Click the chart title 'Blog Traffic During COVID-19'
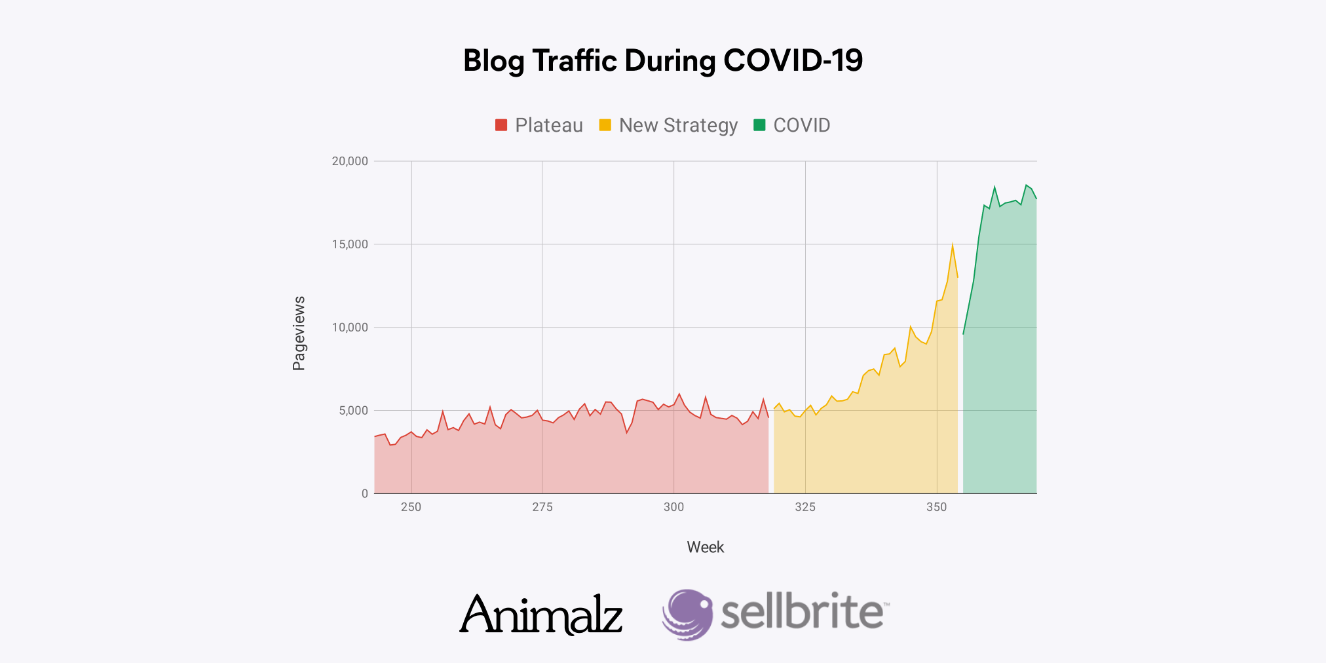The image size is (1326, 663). coord(662,61)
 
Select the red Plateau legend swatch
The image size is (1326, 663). coord(501,125)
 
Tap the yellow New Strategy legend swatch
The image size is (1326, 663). coord(605,125)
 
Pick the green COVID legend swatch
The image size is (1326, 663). coord(759,125)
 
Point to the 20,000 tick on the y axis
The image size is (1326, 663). coord(350,161)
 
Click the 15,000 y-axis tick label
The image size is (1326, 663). coord(350,244)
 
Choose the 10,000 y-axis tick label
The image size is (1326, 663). coord(350,328)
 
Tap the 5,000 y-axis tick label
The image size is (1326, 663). coord(353,411)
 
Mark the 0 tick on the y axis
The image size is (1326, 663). coord(365,494)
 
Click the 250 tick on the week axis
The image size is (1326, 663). coord(411,507)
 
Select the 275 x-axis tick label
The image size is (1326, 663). coord(542,507)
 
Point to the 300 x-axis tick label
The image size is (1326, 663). coord(673,507)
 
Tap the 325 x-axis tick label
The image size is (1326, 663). coord(805,507)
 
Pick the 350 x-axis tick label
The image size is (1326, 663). coord(936,507)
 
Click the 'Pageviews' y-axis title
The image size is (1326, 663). coord(299,333)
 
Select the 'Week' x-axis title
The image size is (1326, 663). coord(705,547)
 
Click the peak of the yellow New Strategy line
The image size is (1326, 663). coord(953,244)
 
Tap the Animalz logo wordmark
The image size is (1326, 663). coord(541,615)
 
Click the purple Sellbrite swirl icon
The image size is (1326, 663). coord(687,614)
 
